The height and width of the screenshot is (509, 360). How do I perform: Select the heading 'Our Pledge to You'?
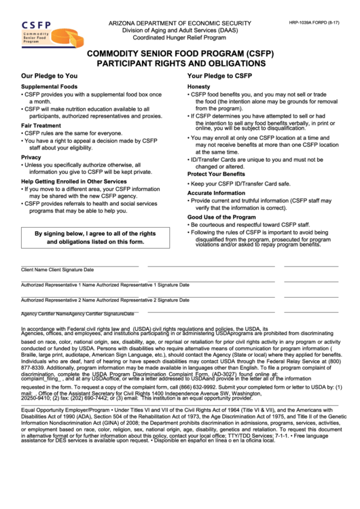coord(49,76)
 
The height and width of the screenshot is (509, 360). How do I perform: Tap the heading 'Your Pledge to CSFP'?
coord(219,76)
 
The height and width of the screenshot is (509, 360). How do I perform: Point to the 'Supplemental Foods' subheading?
coord(49,88)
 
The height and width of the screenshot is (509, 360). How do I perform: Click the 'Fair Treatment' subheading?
coord(41,126)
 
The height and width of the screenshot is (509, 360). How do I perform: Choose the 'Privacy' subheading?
coord(31,157)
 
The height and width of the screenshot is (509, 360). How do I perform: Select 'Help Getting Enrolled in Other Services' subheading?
coord(74,182)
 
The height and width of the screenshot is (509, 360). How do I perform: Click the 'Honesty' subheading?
coord(199,88)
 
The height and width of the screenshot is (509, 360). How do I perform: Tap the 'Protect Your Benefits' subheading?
coord(217,175)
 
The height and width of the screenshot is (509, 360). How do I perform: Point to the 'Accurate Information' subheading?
coord(217,193)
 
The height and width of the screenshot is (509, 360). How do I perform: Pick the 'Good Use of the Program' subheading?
coord(221,217)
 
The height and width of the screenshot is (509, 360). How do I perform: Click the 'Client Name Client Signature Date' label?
coord(58,270)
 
